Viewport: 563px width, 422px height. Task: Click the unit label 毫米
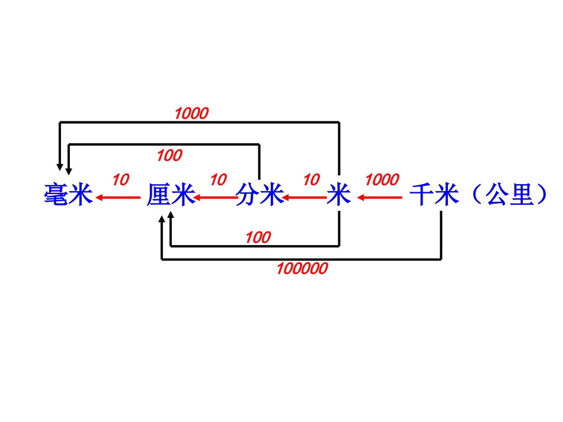coord(69,195)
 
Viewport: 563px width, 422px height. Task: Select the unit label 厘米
coord(171,195)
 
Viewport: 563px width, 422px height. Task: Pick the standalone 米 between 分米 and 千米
coord(339,195)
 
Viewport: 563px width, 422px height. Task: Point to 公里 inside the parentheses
coord(509,195)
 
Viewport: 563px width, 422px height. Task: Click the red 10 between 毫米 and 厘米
coord(120,180)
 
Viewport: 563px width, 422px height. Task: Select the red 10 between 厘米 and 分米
coord(218,180)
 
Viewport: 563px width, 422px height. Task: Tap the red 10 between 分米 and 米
coord(311,180)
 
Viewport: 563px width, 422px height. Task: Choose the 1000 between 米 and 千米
coord(382,180)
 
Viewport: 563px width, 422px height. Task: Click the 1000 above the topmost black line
coord(191,114)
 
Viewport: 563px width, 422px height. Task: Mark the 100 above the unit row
coord(169,156)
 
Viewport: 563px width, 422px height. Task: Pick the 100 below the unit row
coord(258,238)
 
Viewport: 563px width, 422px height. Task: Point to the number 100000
coord(302,269)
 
